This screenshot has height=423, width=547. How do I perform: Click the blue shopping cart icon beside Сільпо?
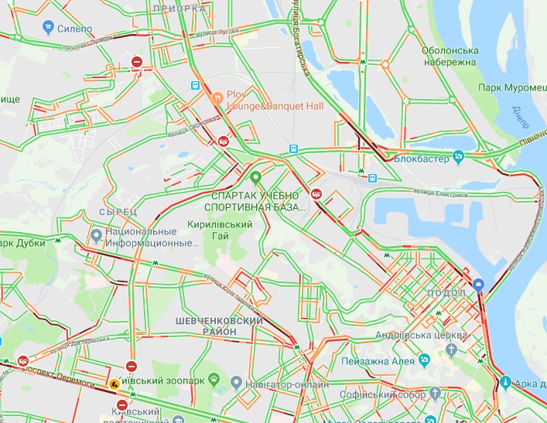[46, 29]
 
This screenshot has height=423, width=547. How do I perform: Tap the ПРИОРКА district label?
[179, 8]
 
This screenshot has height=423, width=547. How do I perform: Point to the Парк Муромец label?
[512, 87]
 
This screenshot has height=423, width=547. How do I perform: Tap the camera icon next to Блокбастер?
[458, 156]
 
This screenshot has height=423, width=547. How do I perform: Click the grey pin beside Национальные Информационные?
[96, 234]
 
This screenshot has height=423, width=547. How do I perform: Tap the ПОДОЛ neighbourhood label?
[446, 295]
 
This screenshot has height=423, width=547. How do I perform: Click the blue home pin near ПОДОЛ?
[479, 285]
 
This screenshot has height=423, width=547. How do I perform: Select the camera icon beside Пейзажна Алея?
[424, 360]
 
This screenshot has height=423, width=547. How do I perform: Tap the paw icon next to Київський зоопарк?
[215, 380]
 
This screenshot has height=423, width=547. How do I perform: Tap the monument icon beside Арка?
[504, 383]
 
